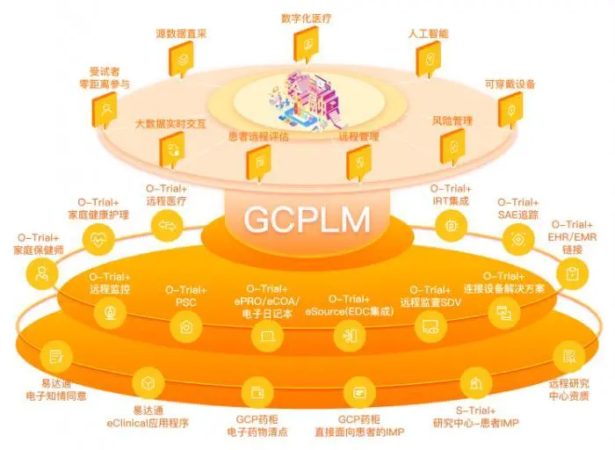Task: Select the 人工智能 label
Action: tap(428, 33)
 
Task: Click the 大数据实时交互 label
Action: tap(171, 125)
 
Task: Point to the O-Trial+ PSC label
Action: tap(185, 296)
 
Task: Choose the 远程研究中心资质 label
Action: tap(568, 389)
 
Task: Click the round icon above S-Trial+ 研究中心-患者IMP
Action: tap(475, 383)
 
